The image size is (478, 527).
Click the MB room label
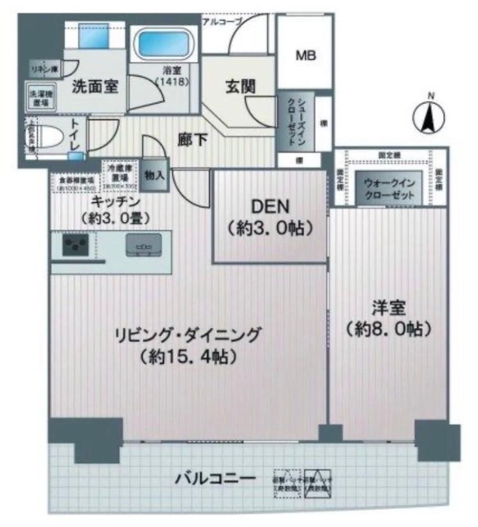(x=305, y=55)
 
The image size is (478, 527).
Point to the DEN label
(x=269, y=206)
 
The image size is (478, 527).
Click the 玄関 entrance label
(x=240, y=85)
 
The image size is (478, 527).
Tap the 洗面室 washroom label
(x=95, y=86)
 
